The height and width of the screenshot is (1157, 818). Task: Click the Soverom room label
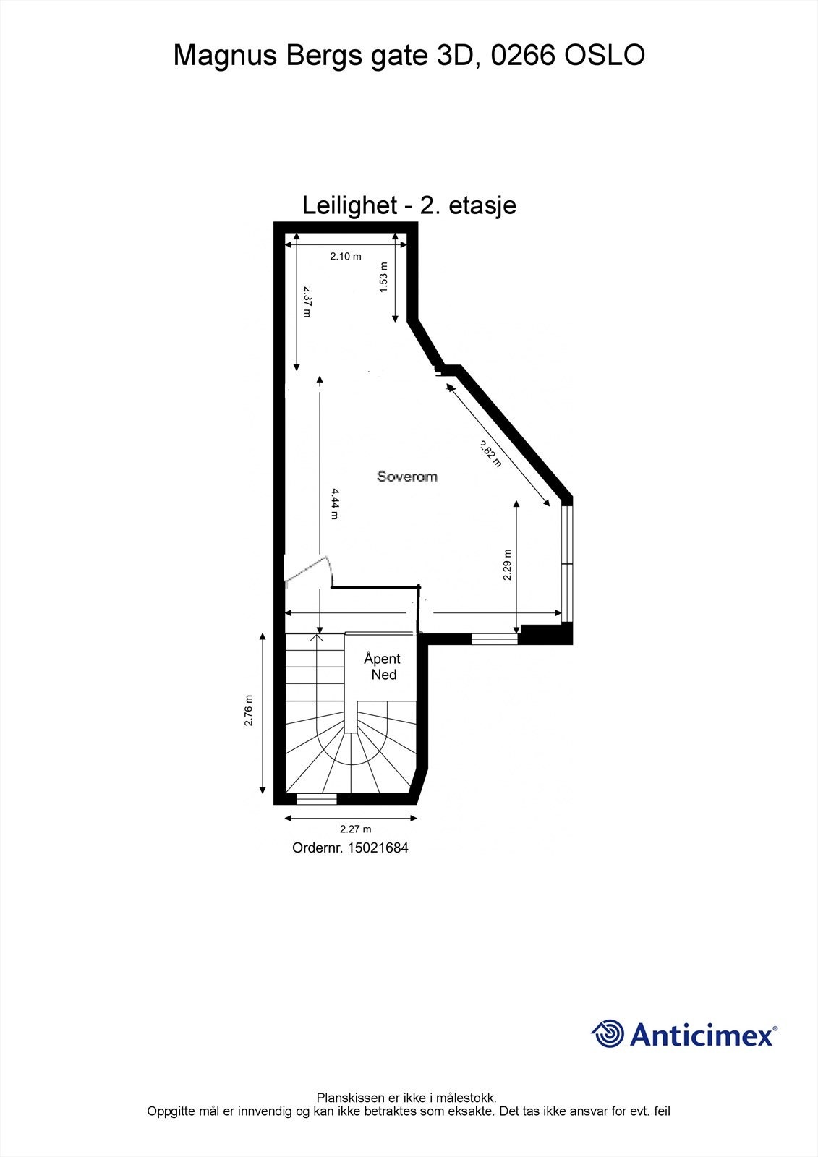tap(406, 476)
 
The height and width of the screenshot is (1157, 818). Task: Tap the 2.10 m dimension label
tap(346, 256)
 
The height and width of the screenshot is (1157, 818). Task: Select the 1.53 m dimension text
tap(384, 277)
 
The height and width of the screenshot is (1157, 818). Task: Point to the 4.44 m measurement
tap(334, 503)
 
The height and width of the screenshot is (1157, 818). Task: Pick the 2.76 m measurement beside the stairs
tap(249, 710)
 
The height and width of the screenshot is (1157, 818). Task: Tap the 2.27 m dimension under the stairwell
tap(356, 829)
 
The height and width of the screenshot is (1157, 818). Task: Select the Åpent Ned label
tap(383, 666)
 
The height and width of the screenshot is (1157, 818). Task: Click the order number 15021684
tap(378, 848)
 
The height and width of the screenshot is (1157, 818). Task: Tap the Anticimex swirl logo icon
tap(608, 1033)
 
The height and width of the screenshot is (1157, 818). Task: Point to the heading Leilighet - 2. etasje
tap(409, 205)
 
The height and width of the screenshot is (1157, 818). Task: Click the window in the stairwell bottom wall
tap(317, 799)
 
